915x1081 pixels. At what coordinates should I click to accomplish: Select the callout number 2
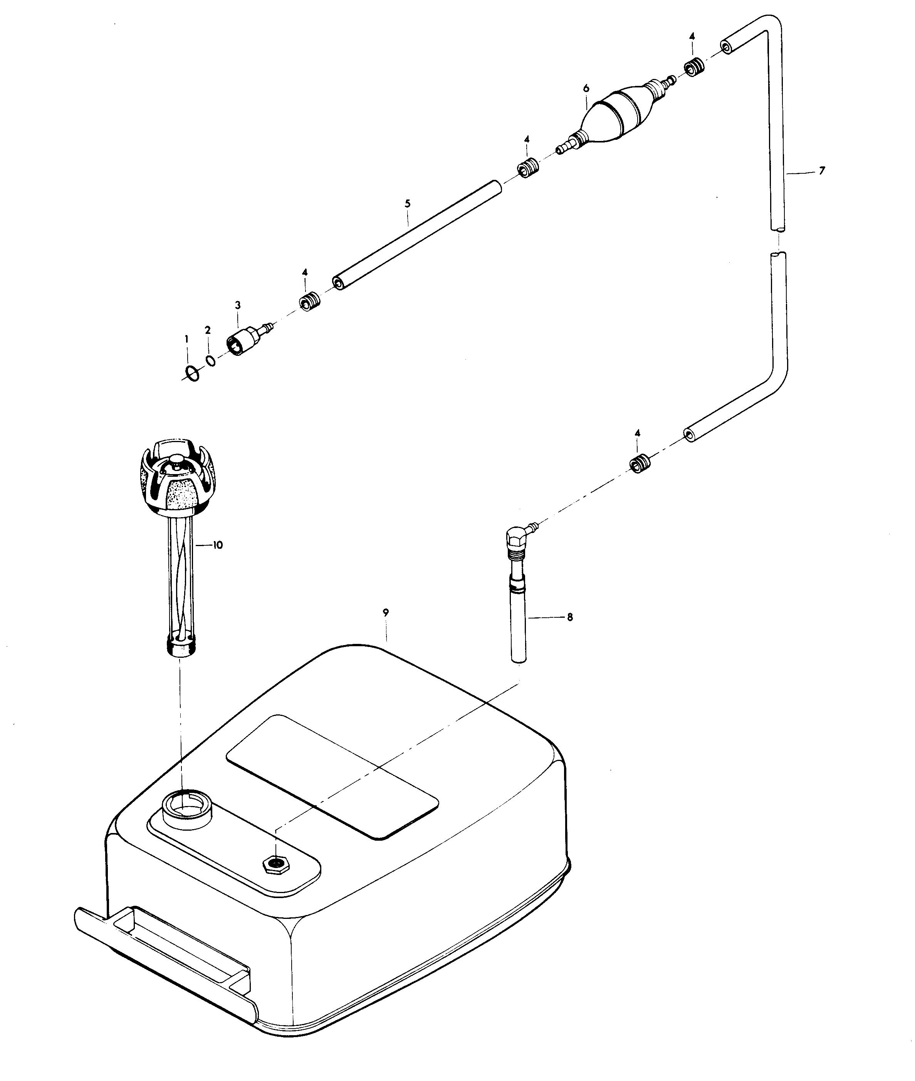[208, 330]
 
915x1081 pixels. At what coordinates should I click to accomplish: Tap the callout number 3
[238, 305]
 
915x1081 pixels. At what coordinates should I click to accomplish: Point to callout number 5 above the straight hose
[408, 204]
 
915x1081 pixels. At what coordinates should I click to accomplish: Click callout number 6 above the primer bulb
[586, 89]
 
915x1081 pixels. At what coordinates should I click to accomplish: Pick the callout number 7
[822, 171]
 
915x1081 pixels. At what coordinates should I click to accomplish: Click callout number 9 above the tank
[385, 612]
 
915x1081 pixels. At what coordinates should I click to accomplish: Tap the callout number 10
[217, 545]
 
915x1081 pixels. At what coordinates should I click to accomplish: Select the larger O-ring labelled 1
[192, 373]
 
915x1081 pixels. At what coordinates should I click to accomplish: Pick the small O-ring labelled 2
[210, 360]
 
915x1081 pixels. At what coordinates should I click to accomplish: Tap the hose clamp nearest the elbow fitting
[639, 463]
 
